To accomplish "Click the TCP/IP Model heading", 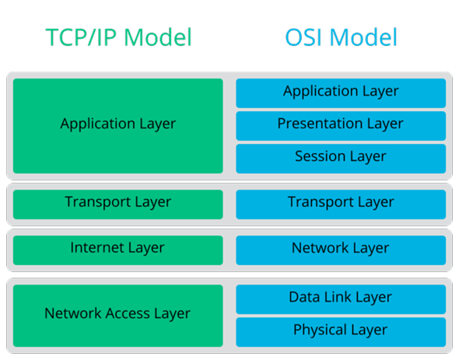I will [118, 37].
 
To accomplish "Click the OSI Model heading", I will [341, 37].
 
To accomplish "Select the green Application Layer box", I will [118, 125].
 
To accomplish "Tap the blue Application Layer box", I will [341, 92].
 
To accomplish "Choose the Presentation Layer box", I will [341, 124].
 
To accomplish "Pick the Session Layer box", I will [341, 157].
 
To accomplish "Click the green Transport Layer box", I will [118, 203].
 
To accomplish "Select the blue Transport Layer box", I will [341, 203].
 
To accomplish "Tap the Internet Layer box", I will [118, 249].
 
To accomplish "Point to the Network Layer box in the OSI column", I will [341, 249].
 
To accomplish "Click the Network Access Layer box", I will [118, 314].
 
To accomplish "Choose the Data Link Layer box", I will [341, 298].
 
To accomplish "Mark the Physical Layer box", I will [341, 330].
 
